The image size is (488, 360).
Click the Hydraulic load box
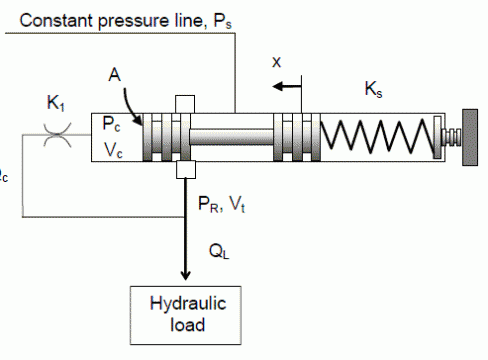(186, 315)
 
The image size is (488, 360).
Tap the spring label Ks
(373, 89)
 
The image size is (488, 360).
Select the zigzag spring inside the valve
(377, 137)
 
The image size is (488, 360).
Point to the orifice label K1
(56, 103)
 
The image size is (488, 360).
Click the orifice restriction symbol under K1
(57, 135)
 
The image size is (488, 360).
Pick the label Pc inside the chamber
(111, 124)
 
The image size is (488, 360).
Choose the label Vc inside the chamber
(113, 150)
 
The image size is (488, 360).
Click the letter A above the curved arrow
(114, 75)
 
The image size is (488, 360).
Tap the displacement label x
(277, 62)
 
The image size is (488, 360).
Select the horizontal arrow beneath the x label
(287, 87)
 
